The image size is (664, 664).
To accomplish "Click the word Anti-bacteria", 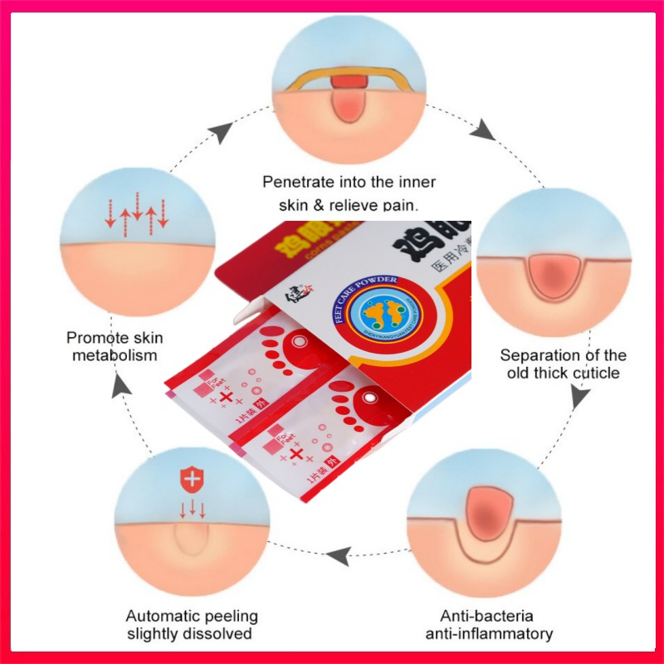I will point(487,617).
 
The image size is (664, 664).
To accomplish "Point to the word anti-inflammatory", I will point(489,634).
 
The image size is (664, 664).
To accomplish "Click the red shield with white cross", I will point(192,479).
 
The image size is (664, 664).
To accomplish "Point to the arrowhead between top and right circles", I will point(486,131).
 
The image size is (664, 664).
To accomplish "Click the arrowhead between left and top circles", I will point(222,130).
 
